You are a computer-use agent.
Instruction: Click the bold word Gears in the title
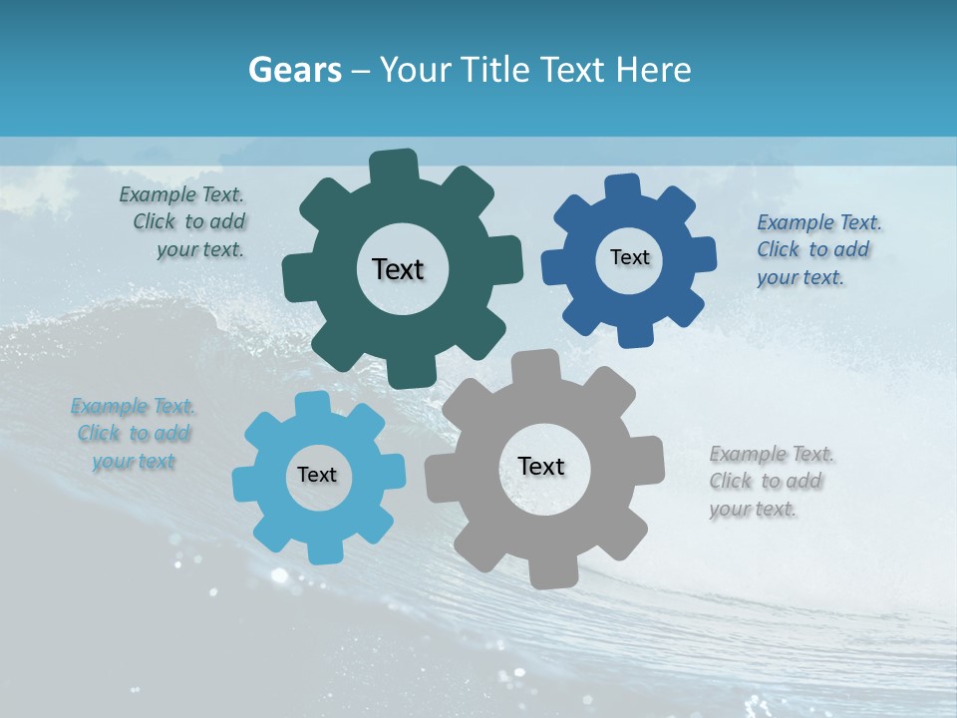click(x=295, y=70)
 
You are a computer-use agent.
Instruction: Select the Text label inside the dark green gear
click(x=398, y=269)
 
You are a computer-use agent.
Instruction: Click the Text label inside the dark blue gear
click(x=629, y=257)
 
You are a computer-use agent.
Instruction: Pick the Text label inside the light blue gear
click(x=317, y=475)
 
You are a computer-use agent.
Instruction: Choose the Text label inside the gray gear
click(x=541, y=466)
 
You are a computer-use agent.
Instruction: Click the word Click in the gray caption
click(x=731, y=482)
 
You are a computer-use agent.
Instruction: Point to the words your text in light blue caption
click(x=134, y=462)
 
